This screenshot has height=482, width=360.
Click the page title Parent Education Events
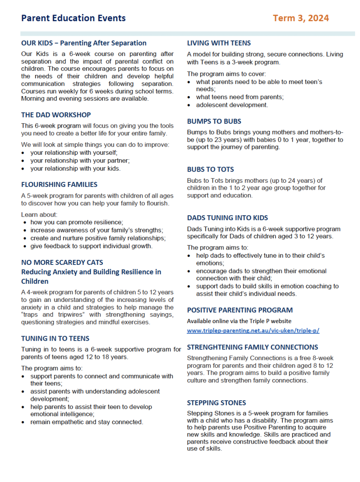point(73,19)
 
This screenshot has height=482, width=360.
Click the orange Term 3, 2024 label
point(300,19)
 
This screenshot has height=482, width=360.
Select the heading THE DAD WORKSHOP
point(56,115)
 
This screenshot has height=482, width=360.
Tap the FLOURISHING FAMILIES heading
point(59,185)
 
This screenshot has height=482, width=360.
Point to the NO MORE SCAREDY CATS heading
point(62,262)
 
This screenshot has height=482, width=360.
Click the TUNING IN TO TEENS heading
point(55,338)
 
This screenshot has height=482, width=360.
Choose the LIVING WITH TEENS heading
point(219,43)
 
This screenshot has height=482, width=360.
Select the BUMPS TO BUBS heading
point(214,121)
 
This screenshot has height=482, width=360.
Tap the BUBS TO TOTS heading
point(210,170)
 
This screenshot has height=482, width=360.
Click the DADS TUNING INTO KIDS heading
point(227,218)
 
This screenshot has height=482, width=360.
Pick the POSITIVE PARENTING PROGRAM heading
point(240,310)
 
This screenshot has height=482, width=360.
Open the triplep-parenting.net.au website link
point(253,330)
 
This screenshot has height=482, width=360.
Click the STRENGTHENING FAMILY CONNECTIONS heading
point(252,348)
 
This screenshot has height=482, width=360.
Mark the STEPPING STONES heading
point(217,403)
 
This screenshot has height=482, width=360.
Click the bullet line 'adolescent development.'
point(231,105)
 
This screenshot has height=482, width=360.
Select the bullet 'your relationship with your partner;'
point(80,161)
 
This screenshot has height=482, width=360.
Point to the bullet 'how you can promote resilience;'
point(77,222)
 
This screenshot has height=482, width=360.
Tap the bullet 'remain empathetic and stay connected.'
point(87,422)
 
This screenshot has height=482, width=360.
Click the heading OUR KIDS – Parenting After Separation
point(83,43)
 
